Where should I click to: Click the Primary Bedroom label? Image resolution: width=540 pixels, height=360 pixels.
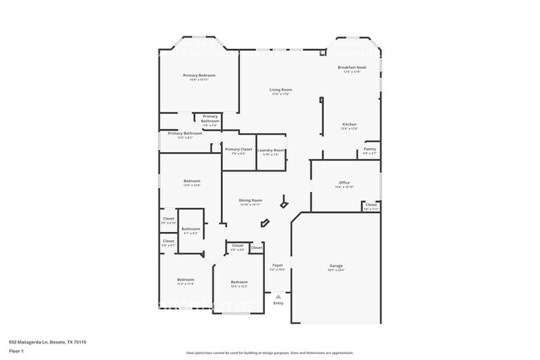[x=199, y=76]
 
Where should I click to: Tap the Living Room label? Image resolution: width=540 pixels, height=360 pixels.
[x=280, y=90]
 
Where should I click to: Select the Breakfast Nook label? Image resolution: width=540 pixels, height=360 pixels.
[x=351, y=67]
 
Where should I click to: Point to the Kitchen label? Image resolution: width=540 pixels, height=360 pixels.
[x=349, y=125]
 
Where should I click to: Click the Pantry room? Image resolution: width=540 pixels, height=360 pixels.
[x=370, y=150]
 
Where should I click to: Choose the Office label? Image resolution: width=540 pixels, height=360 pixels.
[x=344, y=183]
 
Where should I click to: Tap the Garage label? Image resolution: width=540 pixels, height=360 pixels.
[x=336, y=266]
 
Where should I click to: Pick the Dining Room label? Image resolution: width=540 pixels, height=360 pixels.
[x=250, y=200]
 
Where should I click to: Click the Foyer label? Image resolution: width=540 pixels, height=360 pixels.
[x=277, y=265]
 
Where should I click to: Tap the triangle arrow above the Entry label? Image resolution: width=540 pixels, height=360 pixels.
[x=278, y=295]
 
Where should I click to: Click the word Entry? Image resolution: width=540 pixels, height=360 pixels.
[x=278, y=303]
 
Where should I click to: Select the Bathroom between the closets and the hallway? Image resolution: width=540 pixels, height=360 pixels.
[x=191, y=229]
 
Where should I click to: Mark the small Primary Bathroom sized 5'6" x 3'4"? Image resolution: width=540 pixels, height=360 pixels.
[x=210, y=120]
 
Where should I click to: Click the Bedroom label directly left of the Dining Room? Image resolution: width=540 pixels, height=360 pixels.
[x=192, y=182]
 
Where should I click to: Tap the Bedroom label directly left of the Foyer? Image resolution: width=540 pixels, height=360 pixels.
[x=238, y=283]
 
